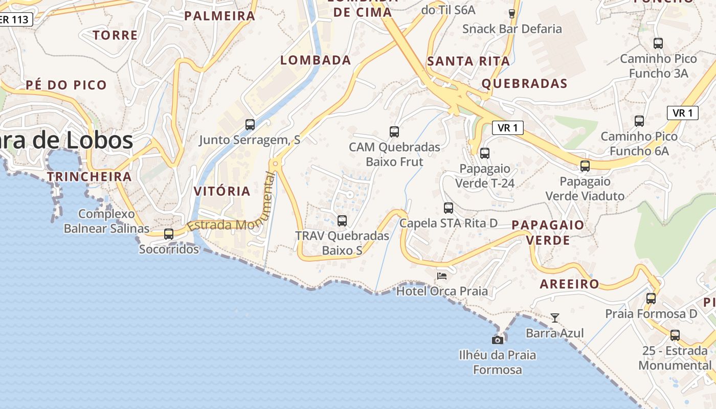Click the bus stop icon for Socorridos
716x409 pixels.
[x=168, y=234]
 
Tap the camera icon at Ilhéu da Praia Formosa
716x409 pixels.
[x=497, y=340]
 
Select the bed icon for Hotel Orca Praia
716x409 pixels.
[x=442, y=276]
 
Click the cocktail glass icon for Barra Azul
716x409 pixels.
[x=554, y=318]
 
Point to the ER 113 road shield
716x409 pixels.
[x=15, y=19]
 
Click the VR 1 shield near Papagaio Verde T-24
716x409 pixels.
[x=507, y=128]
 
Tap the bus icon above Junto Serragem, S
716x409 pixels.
[x=250, y=124]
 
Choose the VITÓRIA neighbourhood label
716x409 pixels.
[x=222, y=192]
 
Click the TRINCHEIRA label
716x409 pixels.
[x=89, y=177]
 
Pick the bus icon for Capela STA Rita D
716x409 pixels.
[x=449, y=208]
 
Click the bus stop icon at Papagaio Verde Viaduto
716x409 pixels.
[x=585, y=166]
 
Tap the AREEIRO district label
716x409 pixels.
[x=569, y=284]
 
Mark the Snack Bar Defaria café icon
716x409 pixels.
[x=511, y=14]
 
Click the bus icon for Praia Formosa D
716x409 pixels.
[x=651, y=299]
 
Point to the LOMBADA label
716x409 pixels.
[x=316, y=60]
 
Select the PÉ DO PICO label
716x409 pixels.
[x=66, y=85]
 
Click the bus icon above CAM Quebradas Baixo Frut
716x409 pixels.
[x=394, y=132]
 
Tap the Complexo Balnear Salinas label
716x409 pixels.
[x=106, y=221]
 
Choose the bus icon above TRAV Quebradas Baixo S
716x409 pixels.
[x=342, y=221]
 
